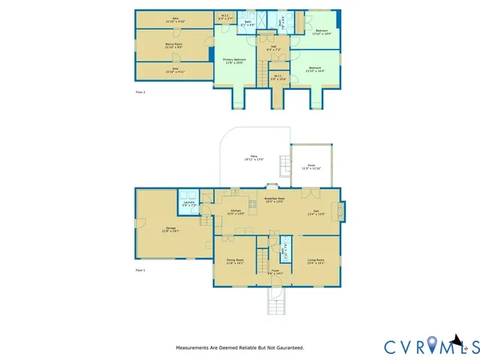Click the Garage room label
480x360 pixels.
coord(170,230)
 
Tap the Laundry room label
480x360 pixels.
coord(188,203)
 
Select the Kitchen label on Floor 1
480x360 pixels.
coord(236,212)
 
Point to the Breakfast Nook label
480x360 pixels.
coord(274,199)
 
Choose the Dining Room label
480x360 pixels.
coord(235,262)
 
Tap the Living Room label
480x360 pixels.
coord(316,262)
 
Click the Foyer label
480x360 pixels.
coord(274,272)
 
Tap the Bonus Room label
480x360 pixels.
coord(174,46)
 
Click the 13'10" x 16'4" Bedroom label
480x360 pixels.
coord(315,69)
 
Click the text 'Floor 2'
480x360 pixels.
coord(140,91)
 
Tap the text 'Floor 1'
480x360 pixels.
coord(140,269)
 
